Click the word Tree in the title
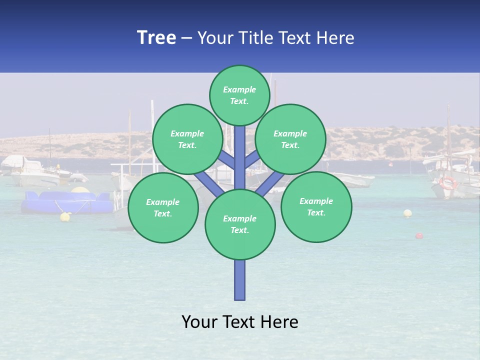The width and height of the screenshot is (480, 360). [156, 37]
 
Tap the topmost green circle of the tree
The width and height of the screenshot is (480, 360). [239, 95]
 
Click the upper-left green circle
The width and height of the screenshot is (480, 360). [187, 139]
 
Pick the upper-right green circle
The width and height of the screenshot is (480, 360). [290, 139]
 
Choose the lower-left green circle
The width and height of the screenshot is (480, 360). [163, 207]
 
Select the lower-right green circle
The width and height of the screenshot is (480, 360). [316, 206]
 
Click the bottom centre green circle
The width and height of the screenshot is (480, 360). [240, 224]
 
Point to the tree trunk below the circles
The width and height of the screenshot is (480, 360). [240, 280]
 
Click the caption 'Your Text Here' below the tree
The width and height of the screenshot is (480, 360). [240, 322]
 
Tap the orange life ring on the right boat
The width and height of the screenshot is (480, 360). [448, 182]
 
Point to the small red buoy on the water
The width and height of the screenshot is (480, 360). [419, 235]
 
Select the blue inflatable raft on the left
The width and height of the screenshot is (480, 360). [67, 202]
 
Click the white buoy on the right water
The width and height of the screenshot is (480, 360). [407, 213]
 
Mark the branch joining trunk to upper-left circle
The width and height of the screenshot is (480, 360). [226, 159]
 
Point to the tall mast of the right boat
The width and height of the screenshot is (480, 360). [448, 130]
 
